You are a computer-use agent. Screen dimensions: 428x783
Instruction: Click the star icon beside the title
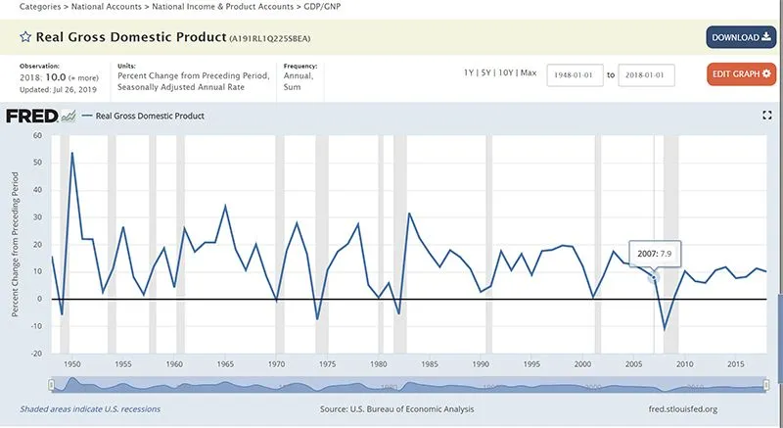pyautogui.click(x=25, y=38)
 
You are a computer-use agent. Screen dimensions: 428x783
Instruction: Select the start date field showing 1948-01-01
pyautogui.click(x=575, y=73)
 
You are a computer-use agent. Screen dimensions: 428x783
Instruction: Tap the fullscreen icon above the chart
pyautogui.click(x=767, y=116)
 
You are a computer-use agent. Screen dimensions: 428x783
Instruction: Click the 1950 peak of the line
pyautogui.click(x=72, y=153)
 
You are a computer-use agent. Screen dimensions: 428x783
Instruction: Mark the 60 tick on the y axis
pyautogui.click(x=36, y=136)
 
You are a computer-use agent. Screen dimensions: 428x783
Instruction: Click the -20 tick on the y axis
pyautogui.click(x=36, y=355)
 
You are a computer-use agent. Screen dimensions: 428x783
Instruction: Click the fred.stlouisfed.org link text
pyautogui.click(x=677, y=409)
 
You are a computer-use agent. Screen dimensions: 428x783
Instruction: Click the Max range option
pyautogui.click(x=528, y=73)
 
